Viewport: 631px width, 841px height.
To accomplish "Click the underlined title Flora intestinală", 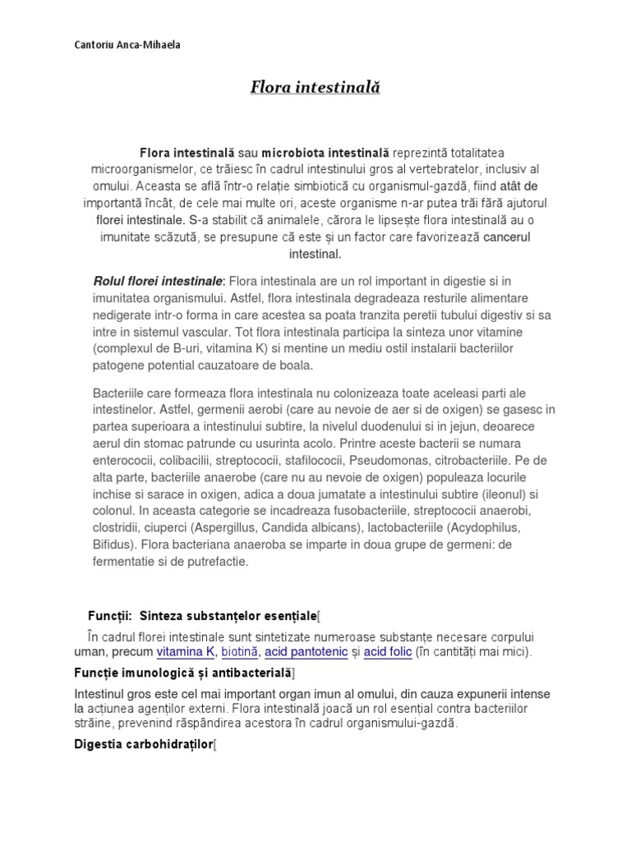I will tap(315, 87).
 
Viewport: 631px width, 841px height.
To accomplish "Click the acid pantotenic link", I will tap(311, 652).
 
